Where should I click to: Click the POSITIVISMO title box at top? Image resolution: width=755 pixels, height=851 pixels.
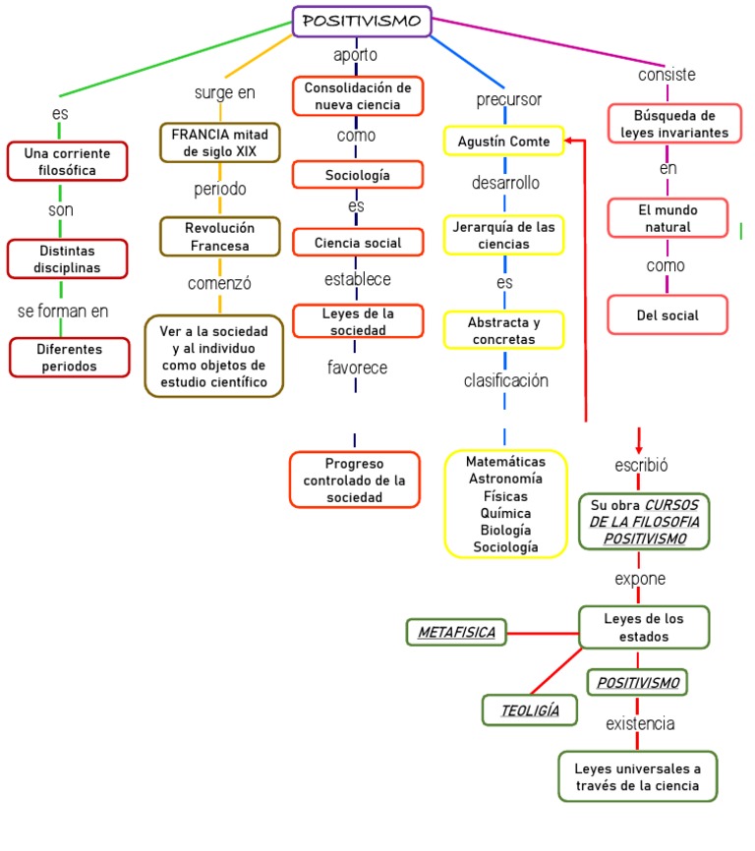pos(362,21)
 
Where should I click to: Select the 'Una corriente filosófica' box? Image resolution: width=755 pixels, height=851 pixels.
pos(68,162)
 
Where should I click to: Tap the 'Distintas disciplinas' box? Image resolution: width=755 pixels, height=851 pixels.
pos(68,258)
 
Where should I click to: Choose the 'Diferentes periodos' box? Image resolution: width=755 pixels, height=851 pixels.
pos(70,358)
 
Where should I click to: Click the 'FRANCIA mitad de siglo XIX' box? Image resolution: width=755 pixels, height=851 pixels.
pos(220,142)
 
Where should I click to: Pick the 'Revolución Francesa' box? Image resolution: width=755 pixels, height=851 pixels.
pos(220,236)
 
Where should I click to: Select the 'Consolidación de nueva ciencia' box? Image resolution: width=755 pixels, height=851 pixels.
pos(358,96)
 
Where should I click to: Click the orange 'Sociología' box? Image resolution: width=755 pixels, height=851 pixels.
pos(358,175)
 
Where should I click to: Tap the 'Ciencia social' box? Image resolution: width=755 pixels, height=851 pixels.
pos(358,242)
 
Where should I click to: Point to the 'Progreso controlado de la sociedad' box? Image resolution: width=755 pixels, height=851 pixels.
pos(355,480)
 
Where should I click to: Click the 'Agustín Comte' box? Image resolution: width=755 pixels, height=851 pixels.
pos(503,142)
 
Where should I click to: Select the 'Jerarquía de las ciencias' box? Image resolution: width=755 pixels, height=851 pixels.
pos(503,235)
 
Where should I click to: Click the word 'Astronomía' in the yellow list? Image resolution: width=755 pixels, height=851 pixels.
pos(505,479)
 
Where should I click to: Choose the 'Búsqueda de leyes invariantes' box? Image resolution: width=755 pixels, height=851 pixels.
pos(668,124)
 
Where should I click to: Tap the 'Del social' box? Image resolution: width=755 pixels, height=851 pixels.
pos(668,315)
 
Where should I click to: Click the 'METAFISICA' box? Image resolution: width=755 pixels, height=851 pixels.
pos(456,632)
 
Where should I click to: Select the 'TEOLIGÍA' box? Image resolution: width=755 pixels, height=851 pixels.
pos(530,709)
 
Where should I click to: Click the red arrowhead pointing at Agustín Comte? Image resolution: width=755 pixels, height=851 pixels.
pos(571,142)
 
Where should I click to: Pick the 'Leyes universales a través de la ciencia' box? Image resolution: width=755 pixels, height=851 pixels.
pos(638,776)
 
